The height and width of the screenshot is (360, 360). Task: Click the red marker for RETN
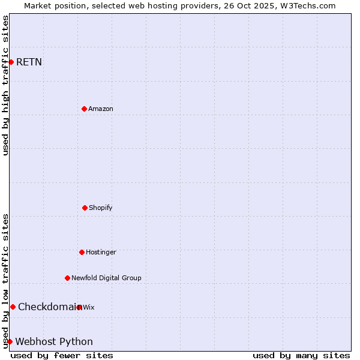[11, 62]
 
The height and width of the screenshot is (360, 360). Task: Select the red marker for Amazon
[84, 109]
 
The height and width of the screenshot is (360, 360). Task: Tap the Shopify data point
[85, 208]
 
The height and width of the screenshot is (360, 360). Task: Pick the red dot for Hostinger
[82, 252]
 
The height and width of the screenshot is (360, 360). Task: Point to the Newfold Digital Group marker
[67, 278]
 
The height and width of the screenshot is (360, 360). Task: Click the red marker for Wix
[79, 307]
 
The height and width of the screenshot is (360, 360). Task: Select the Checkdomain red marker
[13, 307]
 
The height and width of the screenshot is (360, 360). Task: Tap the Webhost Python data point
[10, 341]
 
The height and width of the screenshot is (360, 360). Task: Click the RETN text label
[29, 62]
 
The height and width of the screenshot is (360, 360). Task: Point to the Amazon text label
[101, 109]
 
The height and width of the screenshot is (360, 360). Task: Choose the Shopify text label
[101, 208]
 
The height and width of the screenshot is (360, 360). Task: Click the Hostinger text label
[101, 252]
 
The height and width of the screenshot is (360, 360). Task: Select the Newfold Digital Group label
[106, 278]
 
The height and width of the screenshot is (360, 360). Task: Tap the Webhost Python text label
[54, 341]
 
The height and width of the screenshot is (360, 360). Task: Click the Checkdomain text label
[47, 307]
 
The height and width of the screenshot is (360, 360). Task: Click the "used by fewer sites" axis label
[62, 355]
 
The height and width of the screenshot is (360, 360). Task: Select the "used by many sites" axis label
[301, 355]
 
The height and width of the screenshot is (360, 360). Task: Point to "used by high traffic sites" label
[5, 85]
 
